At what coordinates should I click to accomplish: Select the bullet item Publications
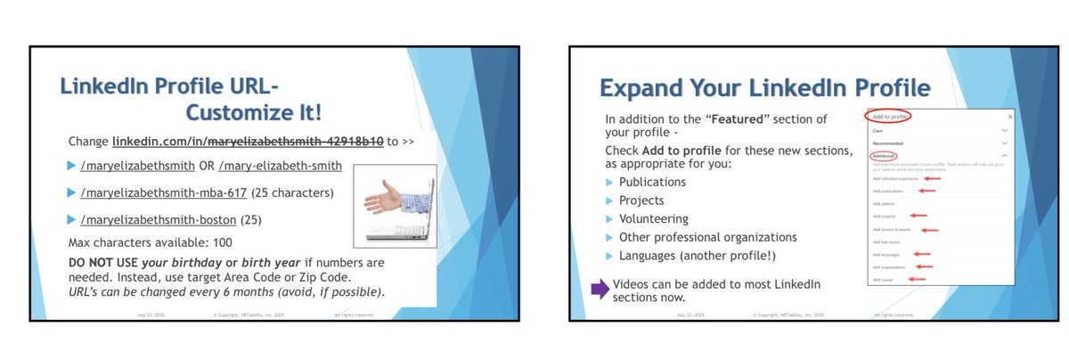click(652, 182)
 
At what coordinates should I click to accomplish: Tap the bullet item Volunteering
click(653, 218)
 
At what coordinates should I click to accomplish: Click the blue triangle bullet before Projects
click(609, 200)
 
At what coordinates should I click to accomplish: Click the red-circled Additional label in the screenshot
click(884, 156)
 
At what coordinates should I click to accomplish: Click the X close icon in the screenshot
click(1009, 117)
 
